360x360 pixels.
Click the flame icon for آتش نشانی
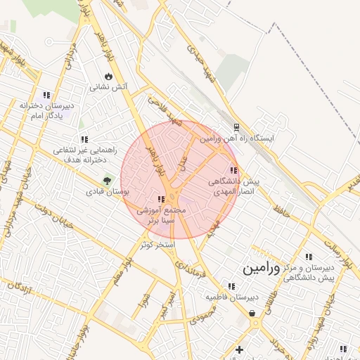pos(108,77)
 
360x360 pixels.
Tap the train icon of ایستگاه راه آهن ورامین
pos(237,128)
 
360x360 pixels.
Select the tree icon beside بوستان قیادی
pos(108,180)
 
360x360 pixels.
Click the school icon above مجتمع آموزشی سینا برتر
pos(162,200)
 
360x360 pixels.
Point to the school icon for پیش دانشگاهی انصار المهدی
pos(233,170)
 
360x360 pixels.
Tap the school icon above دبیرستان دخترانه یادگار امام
pos(46,95)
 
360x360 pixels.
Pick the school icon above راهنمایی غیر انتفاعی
pos(85,140)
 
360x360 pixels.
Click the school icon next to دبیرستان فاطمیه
pos(231,286)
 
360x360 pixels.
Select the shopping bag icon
pos(252,314)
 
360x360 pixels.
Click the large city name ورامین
pos(261,269)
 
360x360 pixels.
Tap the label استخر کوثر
pos(153,244)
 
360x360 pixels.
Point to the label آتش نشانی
pos(108,88)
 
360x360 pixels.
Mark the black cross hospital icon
pos(239,349)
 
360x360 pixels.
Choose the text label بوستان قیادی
pos(108,191)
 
